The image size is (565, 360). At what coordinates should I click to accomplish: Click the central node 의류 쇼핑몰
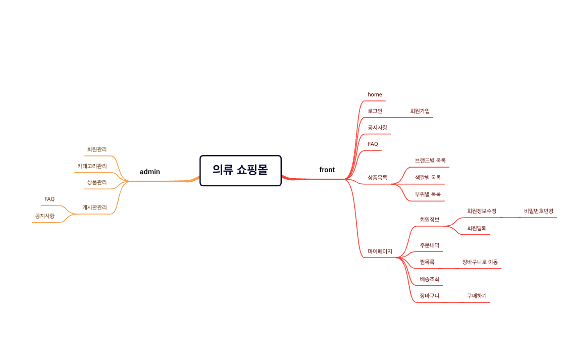(x=240, y=171)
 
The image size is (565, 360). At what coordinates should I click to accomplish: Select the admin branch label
(x=150, y=172)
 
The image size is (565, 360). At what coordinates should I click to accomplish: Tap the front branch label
(x=327, y=170)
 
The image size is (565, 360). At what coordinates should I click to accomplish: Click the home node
(x=375, y=94)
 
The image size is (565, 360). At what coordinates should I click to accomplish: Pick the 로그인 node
(x=375, y=111)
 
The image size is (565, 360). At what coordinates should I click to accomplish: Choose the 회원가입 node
(x=420, y=111)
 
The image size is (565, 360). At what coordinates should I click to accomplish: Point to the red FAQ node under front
(x=373, y=144)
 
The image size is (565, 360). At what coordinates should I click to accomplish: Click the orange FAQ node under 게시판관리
(x=49, y=199)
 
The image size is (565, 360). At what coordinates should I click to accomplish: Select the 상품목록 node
(x=378, y=178)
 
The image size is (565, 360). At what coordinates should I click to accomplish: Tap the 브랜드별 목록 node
(x=430, y=161)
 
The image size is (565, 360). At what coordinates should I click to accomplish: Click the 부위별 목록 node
(x=428, y=194)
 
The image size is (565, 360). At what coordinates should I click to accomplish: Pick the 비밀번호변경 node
(x=539, y=211)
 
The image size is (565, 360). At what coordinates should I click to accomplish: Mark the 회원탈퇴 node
(x=477, y=228)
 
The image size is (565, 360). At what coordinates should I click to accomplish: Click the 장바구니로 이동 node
(x=480, y=262)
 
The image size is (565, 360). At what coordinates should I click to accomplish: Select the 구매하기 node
(x=477, y=296)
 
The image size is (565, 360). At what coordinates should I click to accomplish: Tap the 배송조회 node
(x=430, y=279)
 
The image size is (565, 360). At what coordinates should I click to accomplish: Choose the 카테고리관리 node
(x=92, y=166)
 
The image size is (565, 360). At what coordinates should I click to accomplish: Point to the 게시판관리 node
(x=94, y=208)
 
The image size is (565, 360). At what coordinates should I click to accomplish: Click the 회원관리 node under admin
(x=97, y=149)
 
